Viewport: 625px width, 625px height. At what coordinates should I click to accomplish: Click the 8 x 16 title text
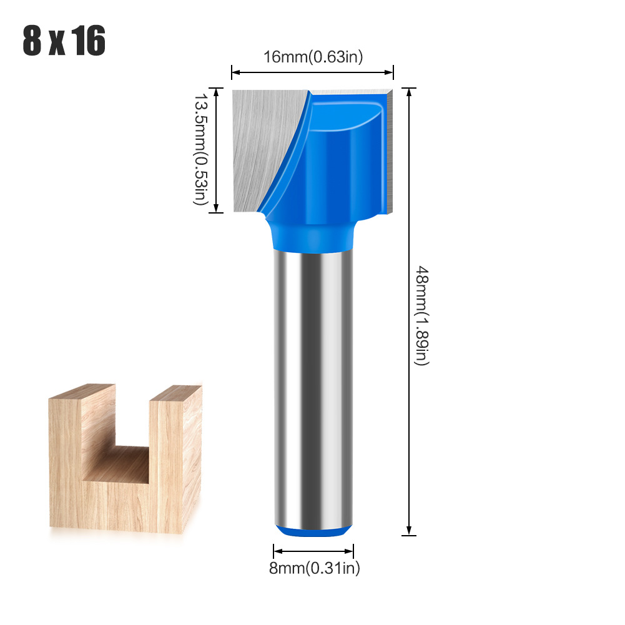pos(64,42)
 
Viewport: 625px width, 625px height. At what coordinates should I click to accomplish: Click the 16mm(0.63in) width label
pos(313,57)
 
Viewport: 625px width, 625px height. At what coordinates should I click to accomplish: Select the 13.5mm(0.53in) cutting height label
pos(199,150)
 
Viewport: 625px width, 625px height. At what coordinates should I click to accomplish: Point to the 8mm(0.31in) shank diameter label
pos(313,568)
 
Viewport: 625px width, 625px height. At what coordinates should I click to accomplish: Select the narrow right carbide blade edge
pos(389,150)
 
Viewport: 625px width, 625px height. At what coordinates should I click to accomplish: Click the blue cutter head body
pos(331,162)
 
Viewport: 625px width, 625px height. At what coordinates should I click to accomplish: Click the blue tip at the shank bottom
pos(313,530)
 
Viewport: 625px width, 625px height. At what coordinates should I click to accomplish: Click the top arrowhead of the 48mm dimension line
pos(409,92)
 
